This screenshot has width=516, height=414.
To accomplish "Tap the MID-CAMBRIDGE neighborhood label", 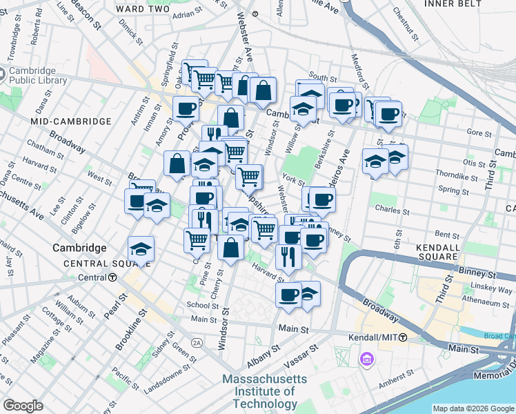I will pos(71,121).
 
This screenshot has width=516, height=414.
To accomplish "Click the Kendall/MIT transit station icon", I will pos(403,337).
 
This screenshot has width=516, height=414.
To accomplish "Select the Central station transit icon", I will pos(112,277).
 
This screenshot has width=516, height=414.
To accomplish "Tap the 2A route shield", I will pos(197,342).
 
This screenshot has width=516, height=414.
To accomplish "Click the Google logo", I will pos(23,406).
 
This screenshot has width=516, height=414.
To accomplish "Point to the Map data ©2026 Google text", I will pos(473,408).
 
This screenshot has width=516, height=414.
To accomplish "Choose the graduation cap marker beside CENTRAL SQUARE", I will pos(141,249).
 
